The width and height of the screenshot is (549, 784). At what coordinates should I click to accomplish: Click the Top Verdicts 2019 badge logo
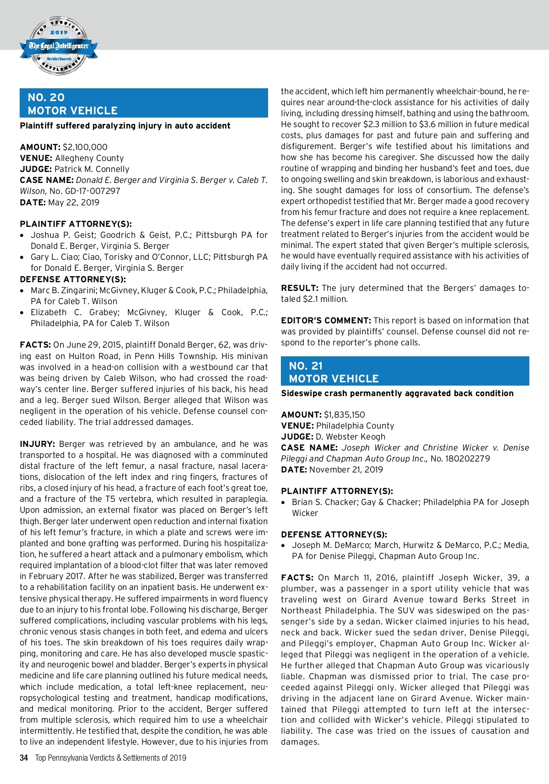(x=59, y=46)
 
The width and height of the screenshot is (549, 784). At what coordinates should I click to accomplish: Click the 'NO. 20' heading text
(x=46, y=97)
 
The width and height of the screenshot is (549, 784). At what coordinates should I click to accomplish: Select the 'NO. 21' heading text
(x=306, y=365)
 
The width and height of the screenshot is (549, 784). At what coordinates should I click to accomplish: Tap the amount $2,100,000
(x=85, y=147)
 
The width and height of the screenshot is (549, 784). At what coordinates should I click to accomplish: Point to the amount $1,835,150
(x=344, y=414)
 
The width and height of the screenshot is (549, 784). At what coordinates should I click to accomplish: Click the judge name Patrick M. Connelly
(x=92, y=169)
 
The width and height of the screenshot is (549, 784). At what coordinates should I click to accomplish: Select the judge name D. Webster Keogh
(x=350, y=436)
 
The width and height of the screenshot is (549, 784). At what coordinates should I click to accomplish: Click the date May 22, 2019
(x=74, y=202)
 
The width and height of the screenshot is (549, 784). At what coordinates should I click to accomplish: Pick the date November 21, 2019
(x=346, y=469)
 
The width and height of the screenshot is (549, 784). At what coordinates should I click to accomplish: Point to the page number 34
(x=24, y=758)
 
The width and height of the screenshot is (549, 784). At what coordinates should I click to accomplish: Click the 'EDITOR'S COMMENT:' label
(x=326, y=320)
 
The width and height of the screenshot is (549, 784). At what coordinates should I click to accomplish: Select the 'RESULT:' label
(x=300, y=288)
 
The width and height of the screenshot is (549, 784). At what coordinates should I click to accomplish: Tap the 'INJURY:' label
(x=38, y=444)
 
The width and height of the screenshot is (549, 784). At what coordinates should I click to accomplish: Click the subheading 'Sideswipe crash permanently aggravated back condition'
(x=397, y=393)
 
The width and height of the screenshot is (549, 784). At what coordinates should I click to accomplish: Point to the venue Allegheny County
(x=89, y=158)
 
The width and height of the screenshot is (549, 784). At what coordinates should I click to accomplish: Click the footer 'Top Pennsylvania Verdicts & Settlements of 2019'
(x=111, y=758)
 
